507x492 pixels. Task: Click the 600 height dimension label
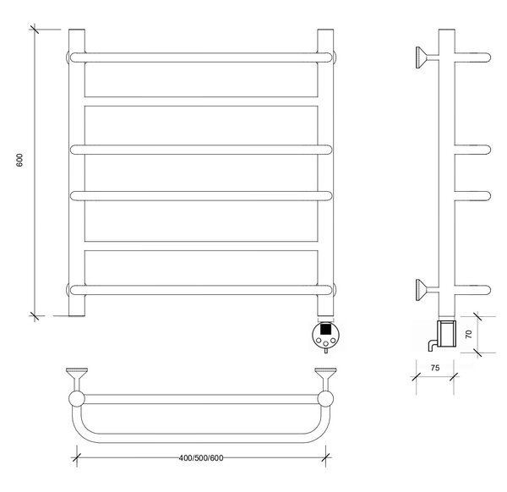19,160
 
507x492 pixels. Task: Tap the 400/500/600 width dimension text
201,458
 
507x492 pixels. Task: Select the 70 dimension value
469,334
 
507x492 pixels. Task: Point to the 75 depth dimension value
435,368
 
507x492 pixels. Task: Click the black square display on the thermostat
325,330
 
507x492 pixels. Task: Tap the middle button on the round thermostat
325,343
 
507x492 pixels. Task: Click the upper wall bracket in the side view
427,57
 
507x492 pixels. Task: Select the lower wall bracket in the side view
427,290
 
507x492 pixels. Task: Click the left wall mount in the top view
77,379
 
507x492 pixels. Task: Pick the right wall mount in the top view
325,379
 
